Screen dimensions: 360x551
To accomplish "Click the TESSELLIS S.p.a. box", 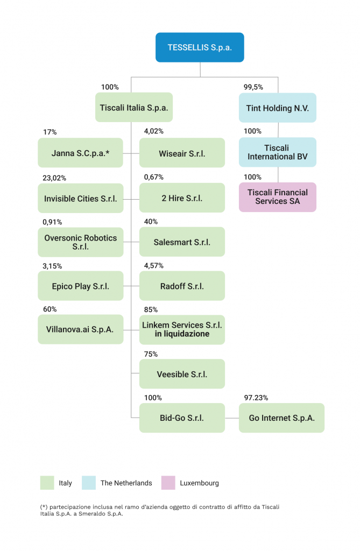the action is [200, 47].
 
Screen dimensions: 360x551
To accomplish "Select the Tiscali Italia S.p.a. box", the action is [134, 108].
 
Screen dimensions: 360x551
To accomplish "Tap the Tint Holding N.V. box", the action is [277, 108].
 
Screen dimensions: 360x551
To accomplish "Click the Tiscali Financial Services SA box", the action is [277, 197].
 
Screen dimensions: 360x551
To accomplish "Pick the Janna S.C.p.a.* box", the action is [81, 153].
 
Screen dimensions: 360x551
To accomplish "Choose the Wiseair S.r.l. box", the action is [182, 153].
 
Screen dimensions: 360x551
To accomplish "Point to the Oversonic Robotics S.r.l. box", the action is [81, 242].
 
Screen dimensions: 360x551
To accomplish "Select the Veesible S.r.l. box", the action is [182, 374].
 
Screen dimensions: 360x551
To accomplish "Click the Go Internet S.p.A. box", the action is [281, 418].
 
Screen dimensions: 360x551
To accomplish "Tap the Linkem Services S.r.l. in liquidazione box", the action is [182, 330].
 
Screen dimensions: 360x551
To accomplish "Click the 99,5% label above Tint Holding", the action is [253, 87].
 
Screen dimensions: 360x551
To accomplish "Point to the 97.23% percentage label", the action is [256, 398].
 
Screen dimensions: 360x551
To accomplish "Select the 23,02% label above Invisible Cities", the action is [54, 178].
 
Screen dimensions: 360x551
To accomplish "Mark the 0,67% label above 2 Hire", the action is [154, 177].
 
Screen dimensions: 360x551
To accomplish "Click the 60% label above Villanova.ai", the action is [50, 309].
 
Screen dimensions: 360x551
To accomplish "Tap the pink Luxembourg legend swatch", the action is [168, 483].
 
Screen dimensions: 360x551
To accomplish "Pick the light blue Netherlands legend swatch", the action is [89, 483].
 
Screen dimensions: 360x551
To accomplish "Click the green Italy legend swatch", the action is [47, 483].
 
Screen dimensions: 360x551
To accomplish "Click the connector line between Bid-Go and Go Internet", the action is [232, 418].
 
